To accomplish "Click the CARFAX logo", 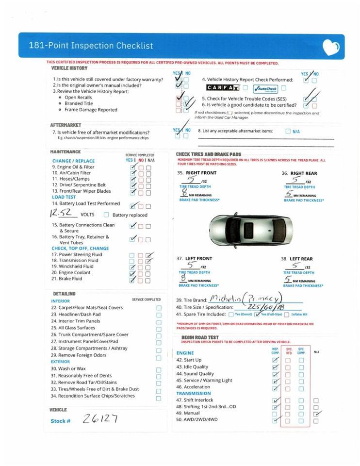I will [223, 88].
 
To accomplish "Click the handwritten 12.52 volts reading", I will [63, 213].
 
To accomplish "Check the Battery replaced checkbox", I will [106, 215].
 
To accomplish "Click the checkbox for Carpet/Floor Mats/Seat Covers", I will [159, 308].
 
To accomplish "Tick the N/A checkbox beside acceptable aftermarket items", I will [288, 131].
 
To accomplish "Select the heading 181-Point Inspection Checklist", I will [91, 46].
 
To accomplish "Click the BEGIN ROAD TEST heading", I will [200, 337].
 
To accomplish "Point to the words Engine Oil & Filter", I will [77, 167].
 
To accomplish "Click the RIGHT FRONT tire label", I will [201, 173].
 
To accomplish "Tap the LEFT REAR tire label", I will [301, 259].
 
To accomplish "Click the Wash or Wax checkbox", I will [159, 369].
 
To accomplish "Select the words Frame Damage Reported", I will [91, 110].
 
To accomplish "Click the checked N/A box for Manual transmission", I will [316, 414].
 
